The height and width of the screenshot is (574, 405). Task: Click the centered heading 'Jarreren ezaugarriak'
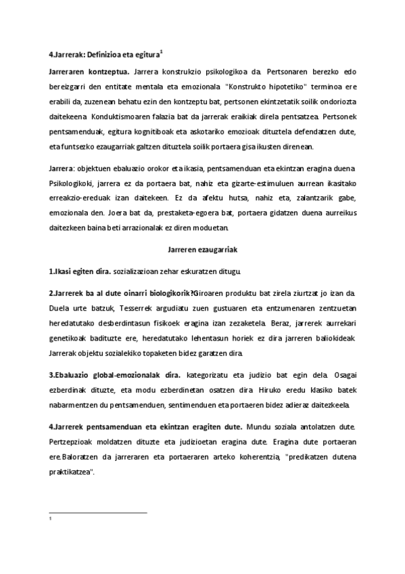coord(201,249)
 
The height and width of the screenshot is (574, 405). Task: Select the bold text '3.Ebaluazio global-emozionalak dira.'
coord(115,375)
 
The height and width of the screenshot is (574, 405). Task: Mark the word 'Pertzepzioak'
coord(72,441)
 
